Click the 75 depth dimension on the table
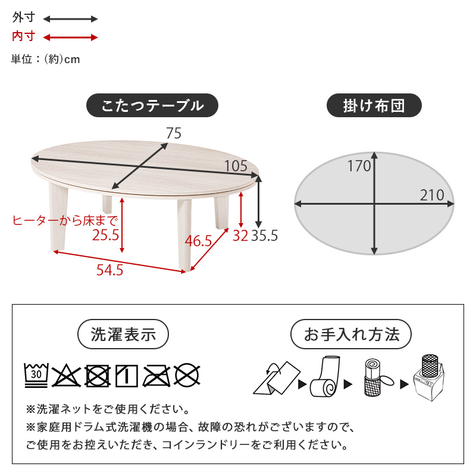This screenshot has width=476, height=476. tap(174, 133)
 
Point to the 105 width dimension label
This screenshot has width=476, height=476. tap(236, 166)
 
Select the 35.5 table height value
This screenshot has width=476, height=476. tap(264, 236)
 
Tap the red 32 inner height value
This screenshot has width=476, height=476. tap(240, 236)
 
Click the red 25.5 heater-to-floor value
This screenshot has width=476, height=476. tap(106, 235)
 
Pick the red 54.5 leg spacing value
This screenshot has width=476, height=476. tap(110, 270)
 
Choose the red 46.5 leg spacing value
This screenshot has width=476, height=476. tap(198, 241)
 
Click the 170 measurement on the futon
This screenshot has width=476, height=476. tap(359, 166)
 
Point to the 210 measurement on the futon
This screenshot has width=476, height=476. tap(432, 195)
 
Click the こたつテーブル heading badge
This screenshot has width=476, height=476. tap(152, 105)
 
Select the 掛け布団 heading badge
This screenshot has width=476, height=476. tap(374, 105)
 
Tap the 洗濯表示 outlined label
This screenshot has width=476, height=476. tap(123, 334)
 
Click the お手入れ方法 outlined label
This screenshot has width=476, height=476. tap(351, 334)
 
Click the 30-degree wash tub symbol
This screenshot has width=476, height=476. tap(36, 375)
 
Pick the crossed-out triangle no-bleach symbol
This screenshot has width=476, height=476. tap(66, 376)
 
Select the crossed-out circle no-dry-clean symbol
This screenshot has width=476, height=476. tap(187, 376)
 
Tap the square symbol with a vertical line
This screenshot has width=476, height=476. tap(127, 376)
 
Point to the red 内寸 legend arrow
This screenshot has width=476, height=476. tap(70, 37)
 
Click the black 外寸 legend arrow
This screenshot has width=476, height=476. tap(70, 19)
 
